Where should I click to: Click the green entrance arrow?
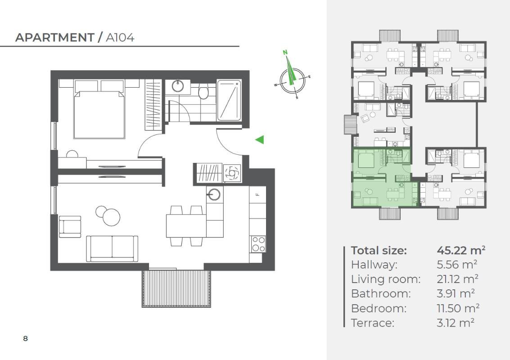coord(260,140)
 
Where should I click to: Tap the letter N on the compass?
coord(285,52)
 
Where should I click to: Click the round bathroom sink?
coord(178,86)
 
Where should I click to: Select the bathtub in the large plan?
coord(229,100)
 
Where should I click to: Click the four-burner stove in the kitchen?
coord(258,244)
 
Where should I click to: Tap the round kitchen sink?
coord(213,194)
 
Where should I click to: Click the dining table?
coord(186,226)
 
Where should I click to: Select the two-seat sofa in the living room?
coord(112,248)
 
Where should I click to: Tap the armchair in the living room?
coord(70,226)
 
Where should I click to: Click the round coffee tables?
coord(108,215)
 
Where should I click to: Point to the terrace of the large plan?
coord(176,288)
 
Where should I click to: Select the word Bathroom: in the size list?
coord(381,294)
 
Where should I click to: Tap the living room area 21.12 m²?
coord(457,279)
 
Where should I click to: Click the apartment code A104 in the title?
coord(120,38)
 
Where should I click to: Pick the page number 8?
coord(25,338)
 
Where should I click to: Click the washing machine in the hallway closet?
coord(232,173)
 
